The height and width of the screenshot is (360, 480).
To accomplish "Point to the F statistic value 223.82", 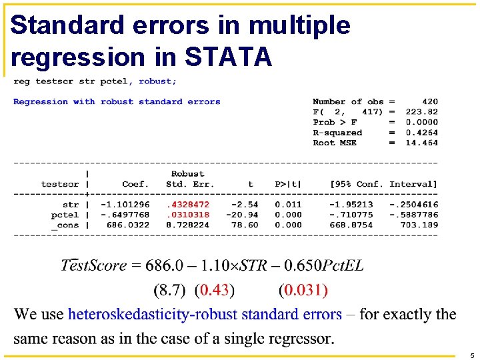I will [421, 112].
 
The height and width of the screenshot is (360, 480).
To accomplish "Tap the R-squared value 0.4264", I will [421, 132].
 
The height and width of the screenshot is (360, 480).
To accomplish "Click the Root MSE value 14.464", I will [421, 143].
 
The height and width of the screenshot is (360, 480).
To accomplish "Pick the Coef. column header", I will [135, 184].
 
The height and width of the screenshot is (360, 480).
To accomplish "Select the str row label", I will [71, 205].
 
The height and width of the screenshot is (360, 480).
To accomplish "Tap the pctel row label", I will [65, 215].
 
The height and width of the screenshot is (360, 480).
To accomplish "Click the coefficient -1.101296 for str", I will [125, 205].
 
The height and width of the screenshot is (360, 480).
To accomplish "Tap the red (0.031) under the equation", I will [303, 290].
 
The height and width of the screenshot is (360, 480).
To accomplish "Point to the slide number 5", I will [471, 355].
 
